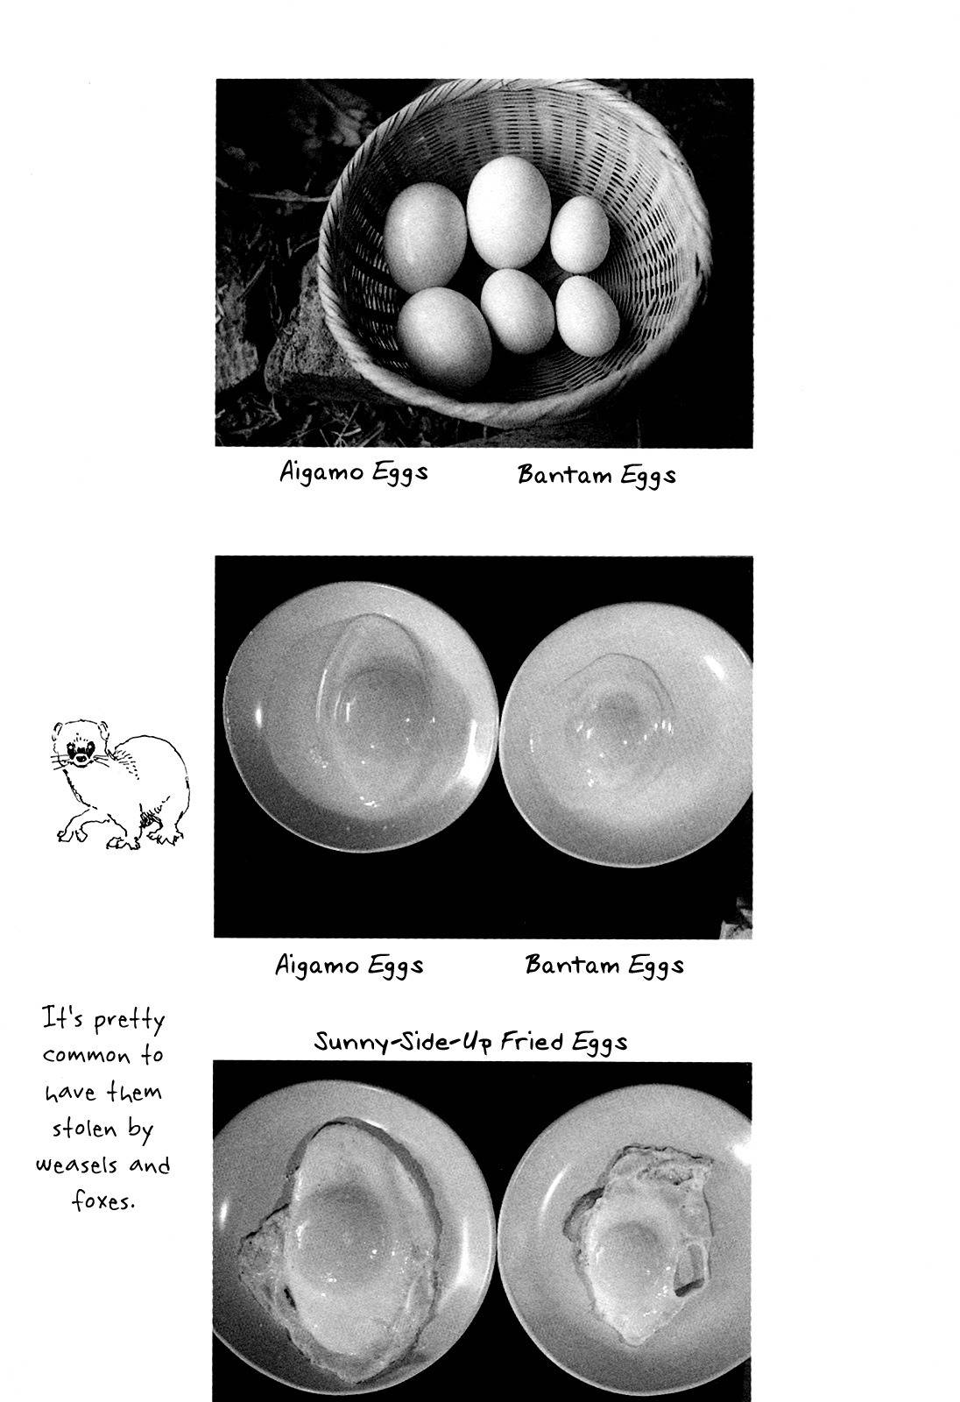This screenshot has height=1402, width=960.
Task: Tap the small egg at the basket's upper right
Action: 580,235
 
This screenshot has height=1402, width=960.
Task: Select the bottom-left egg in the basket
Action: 444,337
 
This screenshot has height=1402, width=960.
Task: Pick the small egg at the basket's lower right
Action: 587,316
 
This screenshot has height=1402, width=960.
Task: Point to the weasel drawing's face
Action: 80,745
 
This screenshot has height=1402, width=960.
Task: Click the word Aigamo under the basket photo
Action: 321,471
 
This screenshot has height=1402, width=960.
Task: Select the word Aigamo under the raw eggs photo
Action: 317,965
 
